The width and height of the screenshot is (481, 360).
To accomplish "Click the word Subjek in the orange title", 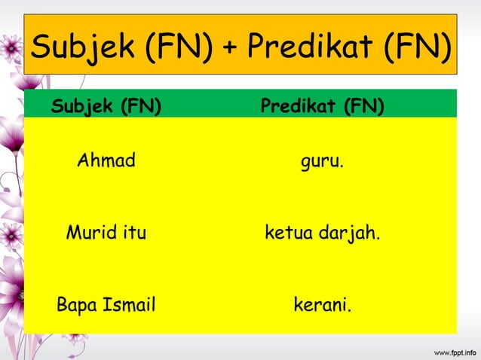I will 84,50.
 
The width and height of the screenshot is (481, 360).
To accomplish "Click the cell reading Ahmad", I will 106,161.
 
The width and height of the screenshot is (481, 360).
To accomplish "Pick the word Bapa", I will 76,306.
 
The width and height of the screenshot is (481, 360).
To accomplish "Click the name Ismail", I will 128,306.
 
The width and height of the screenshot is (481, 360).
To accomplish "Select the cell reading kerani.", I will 322,306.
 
